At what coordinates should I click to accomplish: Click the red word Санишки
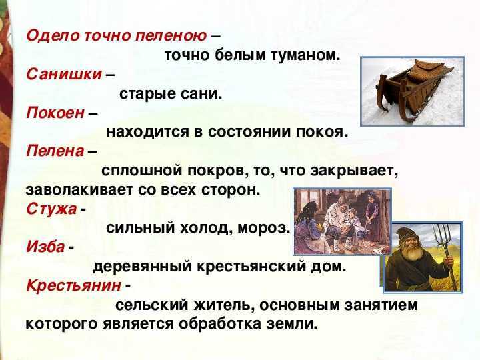[64, 75]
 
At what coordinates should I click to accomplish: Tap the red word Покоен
[55, 113]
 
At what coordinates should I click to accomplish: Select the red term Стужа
[51, 209]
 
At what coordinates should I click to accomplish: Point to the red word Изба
[45, 247]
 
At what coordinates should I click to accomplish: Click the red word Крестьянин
[73, 285]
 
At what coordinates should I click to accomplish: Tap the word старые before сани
[146, 94]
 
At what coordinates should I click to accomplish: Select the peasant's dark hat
[408, 232]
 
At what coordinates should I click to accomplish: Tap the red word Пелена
[55, 151]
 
